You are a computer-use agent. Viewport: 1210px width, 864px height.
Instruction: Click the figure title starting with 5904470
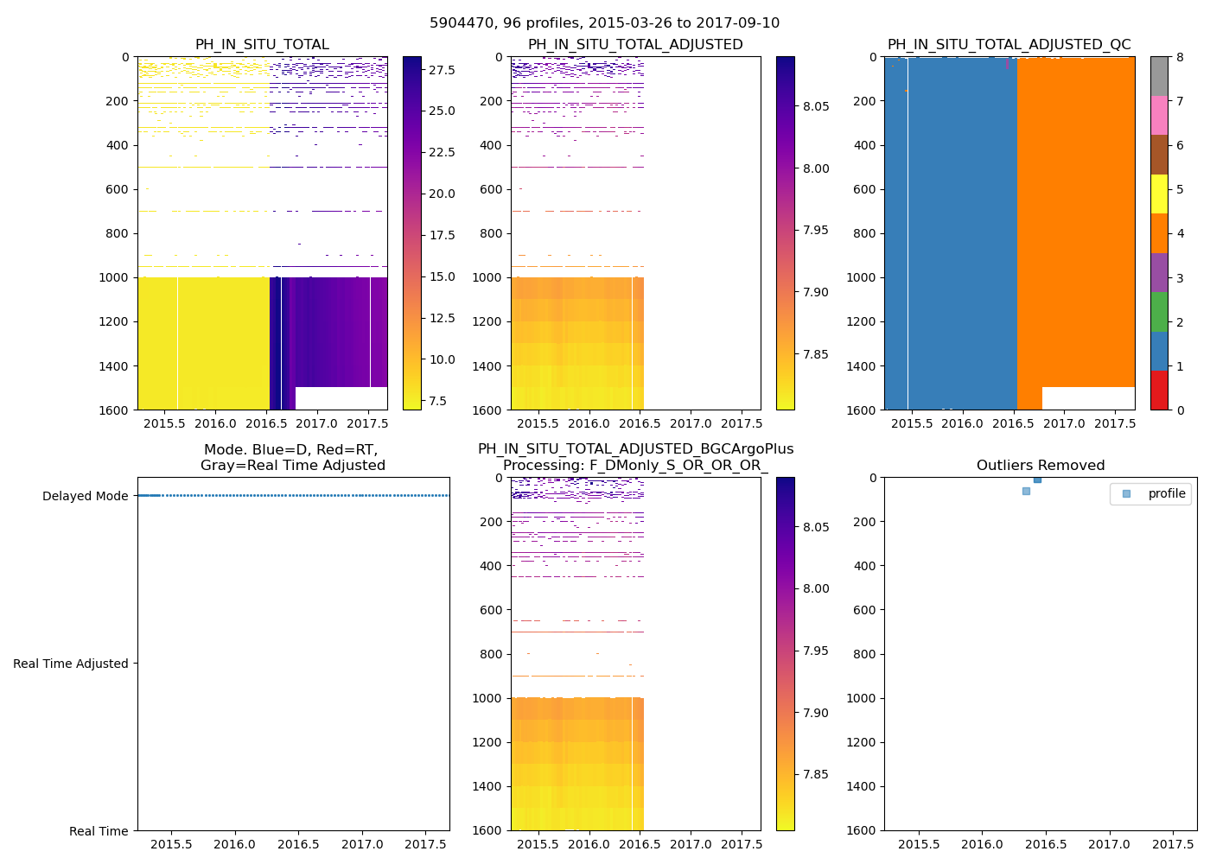point(604,23)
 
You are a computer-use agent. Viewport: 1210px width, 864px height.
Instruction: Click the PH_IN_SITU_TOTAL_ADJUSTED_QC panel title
point(1009,45)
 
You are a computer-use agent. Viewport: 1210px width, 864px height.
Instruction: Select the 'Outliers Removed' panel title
point(1040,466)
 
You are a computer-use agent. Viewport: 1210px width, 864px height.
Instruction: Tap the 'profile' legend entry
point(1166,494)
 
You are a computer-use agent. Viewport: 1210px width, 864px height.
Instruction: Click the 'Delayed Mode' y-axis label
point(85,496)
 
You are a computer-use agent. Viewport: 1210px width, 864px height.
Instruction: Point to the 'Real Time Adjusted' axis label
point(71,664)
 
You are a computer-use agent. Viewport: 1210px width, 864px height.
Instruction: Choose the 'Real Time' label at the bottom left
point(99,831)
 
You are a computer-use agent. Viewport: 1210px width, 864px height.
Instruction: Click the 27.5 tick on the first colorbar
point(442,70)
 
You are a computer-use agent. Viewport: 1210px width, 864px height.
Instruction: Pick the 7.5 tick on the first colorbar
point(437,401)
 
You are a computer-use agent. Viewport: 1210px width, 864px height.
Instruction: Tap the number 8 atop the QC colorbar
point(1180,57)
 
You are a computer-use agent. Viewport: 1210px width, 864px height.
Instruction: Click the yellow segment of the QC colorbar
point(1159,194)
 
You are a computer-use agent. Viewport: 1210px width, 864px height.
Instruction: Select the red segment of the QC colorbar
point(1159,390)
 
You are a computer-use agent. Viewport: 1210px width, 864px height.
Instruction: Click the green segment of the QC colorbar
point(1159,311)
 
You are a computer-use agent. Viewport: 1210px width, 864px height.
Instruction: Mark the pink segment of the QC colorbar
point(1159,115)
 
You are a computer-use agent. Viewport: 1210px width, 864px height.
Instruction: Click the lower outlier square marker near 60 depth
point(1026,491)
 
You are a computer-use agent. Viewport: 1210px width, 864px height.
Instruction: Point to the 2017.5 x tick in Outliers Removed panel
point(1173,844)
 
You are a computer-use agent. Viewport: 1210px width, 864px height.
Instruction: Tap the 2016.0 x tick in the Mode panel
point(234,844)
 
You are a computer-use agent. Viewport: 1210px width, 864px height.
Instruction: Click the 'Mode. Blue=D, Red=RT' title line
point(291,450)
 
